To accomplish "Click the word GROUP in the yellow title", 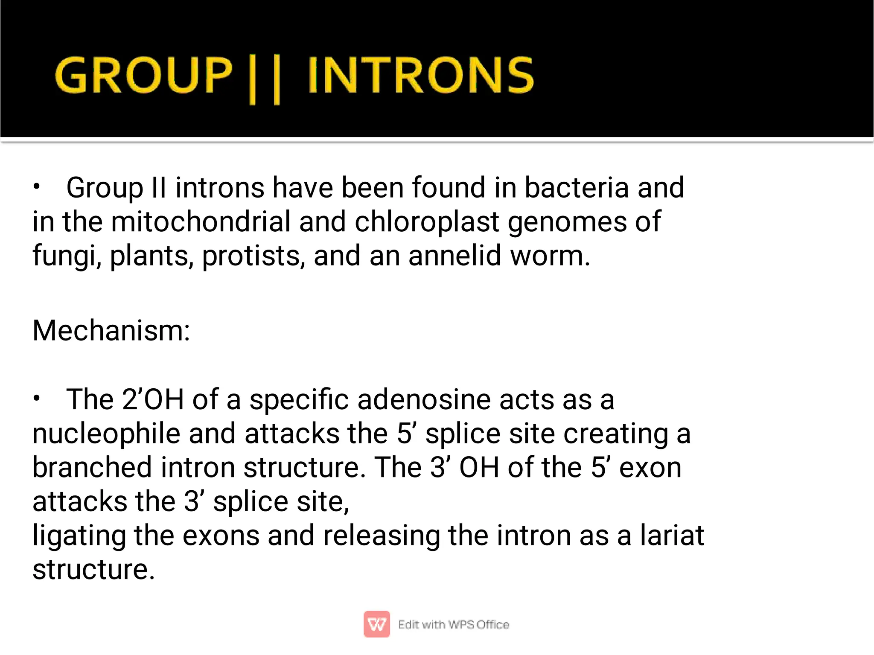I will (x=144, y=76).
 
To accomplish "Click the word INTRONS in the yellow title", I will (x=420, y=76).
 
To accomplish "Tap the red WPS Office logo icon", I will (x=376, y=624).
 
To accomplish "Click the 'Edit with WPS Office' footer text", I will (x=453, y=624).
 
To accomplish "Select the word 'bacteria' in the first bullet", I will (x=577, y=187).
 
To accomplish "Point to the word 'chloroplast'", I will (x=427, y=221).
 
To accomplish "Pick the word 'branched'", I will (x=92, y=467).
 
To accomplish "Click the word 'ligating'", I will (x=79, y=536).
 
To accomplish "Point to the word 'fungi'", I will (x=64, y=256).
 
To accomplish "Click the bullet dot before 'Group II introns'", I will (x=37, y=186).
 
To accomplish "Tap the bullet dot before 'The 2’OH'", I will (x=37, y=399).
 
